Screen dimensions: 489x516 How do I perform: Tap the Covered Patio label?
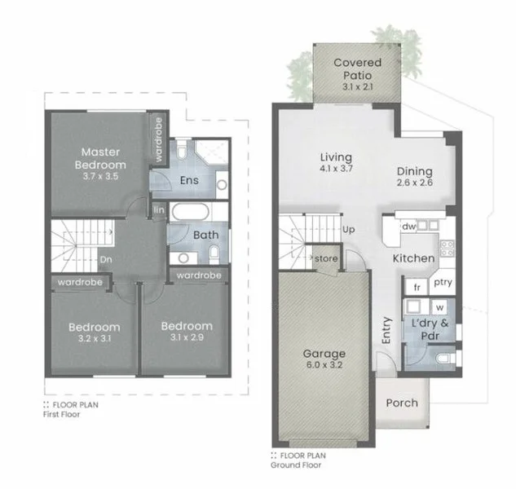click(x=355, y=70)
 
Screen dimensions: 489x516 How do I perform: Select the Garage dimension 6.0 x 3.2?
click(x=324, y=368)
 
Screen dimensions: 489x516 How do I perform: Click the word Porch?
click(x=401, y=403)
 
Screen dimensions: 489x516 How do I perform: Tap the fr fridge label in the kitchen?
click(x=417, y=287)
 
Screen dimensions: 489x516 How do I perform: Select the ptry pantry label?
click(x=443, y=283)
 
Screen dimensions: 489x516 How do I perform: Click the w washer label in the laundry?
click(x=439, y=308)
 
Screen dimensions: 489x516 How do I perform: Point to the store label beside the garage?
click(x=327, y=260)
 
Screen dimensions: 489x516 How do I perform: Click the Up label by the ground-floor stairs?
click(x=349, y=230)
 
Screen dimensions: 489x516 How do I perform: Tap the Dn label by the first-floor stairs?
click(x=105, y=260)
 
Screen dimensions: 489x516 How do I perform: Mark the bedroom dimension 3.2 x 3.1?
click(x=95, y=337)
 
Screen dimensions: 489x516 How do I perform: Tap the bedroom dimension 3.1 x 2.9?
click(x=187, y=337)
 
